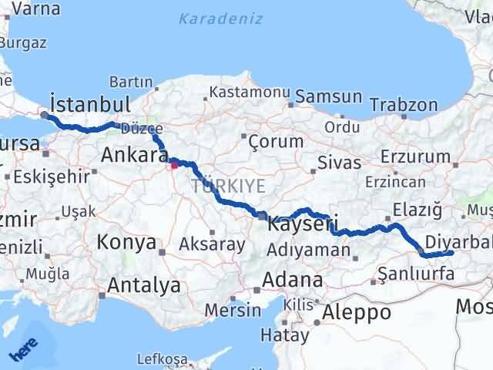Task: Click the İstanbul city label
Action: (x=89, y=103)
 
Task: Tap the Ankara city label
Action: (x=135, y=156)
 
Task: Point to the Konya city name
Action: (x=126, y=244)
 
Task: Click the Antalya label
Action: (x=144, y=286)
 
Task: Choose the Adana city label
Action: (x=293, y=279)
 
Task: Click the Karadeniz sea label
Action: (x=220, y=18)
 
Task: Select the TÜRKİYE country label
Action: (x=229, y=186)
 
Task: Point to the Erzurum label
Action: (x=420, y=156)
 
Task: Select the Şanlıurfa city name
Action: (x=413, y=273)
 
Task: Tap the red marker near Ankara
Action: (x=174, y=163)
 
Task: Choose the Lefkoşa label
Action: (x=162, y=359)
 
